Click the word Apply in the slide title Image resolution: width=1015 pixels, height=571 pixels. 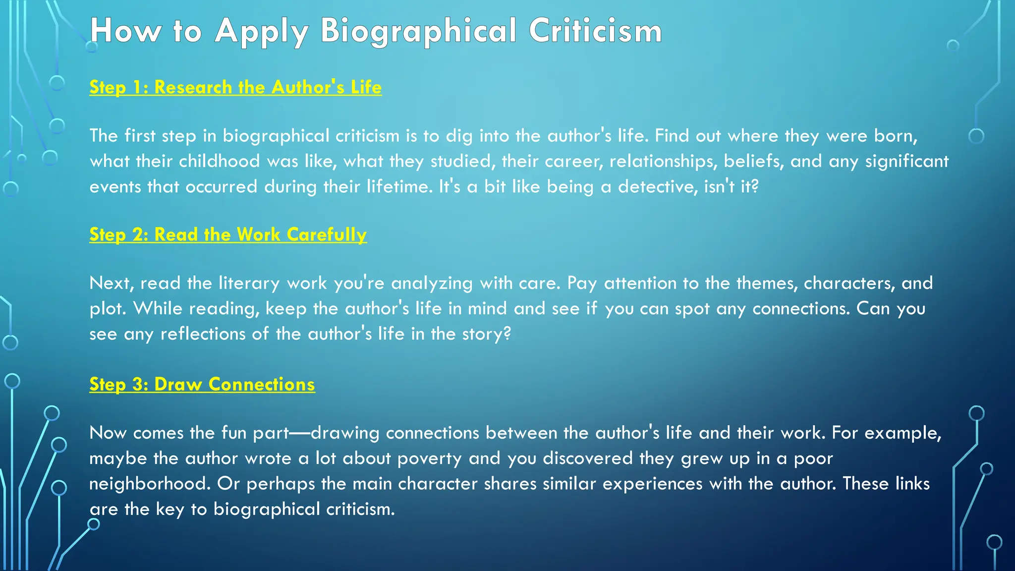(x=262, y=31)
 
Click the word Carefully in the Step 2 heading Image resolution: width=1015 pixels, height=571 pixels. (x=327, y=234)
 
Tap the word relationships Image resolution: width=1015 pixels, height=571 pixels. (x=663, y=161)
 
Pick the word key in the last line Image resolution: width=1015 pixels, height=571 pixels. (x=170, y=510)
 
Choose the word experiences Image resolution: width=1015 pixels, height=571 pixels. (x=652, y=484)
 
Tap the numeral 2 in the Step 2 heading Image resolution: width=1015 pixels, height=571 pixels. (x=139, y=235)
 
